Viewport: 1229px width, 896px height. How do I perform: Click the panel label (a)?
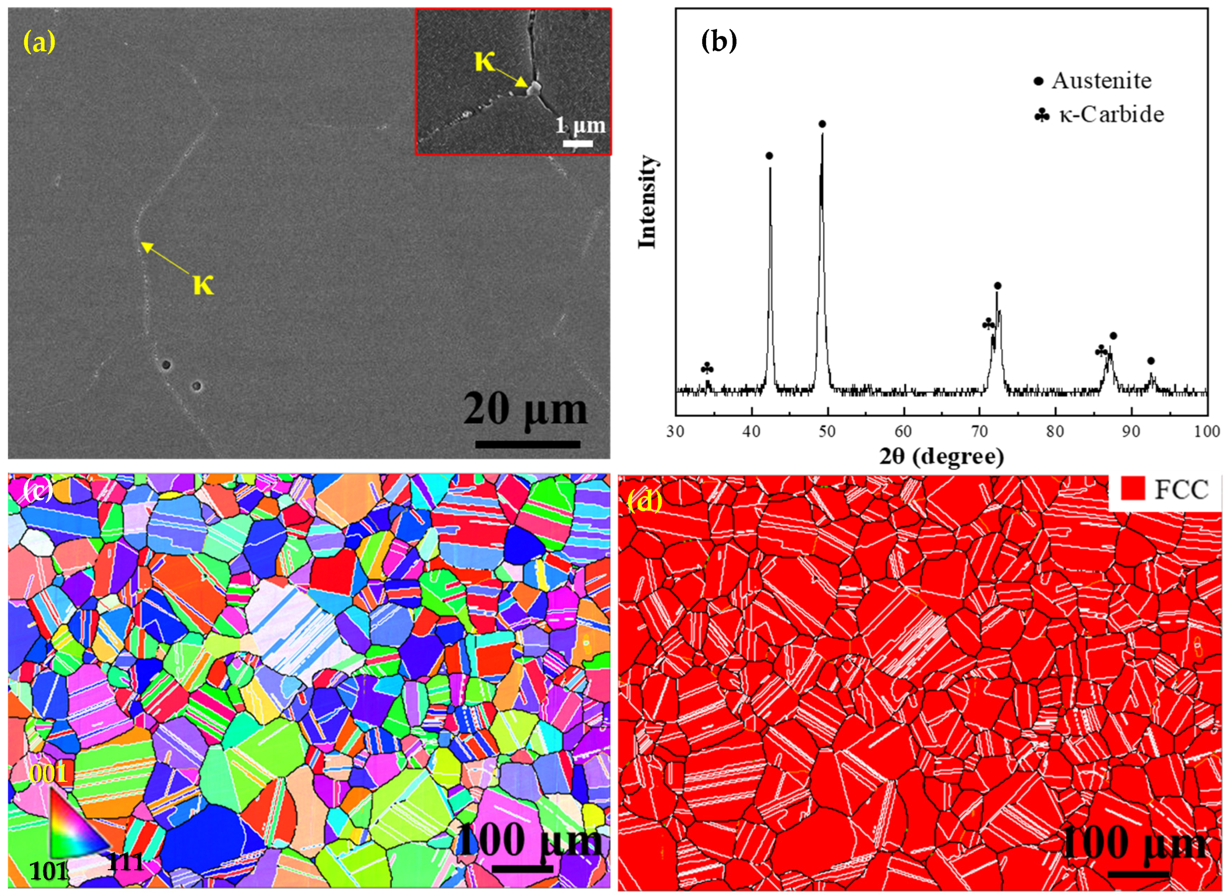click(38, 42)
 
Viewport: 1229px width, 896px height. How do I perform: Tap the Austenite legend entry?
click(1101, 81)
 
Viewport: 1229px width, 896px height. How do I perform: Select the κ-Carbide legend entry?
click(1111, 114)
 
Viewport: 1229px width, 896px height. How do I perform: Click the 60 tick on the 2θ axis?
click(903, 432)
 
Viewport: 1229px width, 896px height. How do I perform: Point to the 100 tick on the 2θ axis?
click(1207, 432)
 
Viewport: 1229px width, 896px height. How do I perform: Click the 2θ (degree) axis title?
click(941, 456)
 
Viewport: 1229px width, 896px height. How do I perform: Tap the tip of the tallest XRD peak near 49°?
click(822, 133)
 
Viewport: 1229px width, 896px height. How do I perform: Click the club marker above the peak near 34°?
click(707, 369)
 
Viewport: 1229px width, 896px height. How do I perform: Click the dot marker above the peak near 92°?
click(1151, 361)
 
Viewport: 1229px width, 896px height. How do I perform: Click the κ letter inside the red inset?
click(484, 61)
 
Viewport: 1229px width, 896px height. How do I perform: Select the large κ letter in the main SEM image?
click(203, 284)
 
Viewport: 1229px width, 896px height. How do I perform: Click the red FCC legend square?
click(1132, 489)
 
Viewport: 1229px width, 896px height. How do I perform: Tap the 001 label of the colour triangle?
click(48, 773)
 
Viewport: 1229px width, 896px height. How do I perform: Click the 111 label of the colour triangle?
click(125, 861)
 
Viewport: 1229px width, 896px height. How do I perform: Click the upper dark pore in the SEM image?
click(166, 364)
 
